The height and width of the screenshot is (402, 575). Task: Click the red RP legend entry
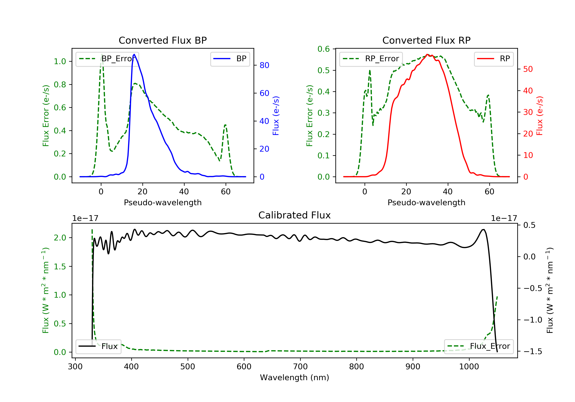pos(494,59)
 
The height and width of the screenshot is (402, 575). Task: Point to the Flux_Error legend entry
pos(479,346)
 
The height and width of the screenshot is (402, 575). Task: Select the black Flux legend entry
pos(99,346)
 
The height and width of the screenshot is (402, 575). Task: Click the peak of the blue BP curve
pos(134,54)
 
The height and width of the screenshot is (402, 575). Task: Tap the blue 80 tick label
pos(264,65)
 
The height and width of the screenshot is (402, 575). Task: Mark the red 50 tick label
pos(528,69)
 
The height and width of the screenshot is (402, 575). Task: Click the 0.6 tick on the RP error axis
pos(323,49)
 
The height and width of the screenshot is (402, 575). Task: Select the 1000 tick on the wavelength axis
pos(469,367)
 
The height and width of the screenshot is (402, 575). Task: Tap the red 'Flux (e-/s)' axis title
pos(539,116)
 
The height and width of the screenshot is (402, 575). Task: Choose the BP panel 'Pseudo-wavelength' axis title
pos(163,203)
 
